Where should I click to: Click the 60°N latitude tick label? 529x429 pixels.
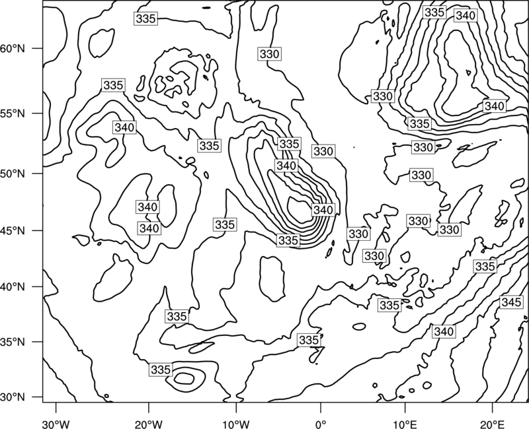tap(13, 48)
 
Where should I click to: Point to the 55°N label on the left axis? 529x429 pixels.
tap(13, 114)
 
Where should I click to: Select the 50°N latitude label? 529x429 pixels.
tap(13, 174)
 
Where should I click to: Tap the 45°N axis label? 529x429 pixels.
tap(13, 230)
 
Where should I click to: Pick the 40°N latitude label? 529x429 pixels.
tap(13, 286)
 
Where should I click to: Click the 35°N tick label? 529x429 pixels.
tap(13, 342)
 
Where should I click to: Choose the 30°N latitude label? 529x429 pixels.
tap(13, 397)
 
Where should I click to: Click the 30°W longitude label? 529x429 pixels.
tap(56, 424)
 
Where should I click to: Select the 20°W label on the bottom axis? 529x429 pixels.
tap(148, 424)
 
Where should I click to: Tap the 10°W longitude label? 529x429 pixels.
tap(236, 424)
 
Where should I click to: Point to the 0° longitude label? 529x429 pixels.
tap(321, 424)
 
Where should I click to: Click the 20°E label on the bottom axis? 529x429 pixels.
tap(492, 424)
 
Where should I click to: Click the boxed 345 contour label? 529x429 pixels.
tap(511, 302)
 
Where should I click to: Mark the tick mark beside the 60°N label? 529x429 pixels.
tap(38, 48)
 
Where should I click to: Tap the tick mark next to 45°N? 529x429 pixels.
tap(38, 230)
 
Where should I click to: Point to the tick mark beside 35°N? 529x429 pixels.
tap(38, 342)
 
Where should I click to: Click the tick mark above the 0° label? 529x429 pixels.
tap(321, 407)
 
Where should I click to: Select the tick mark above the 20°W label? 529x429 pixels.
tap(148, 407)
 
